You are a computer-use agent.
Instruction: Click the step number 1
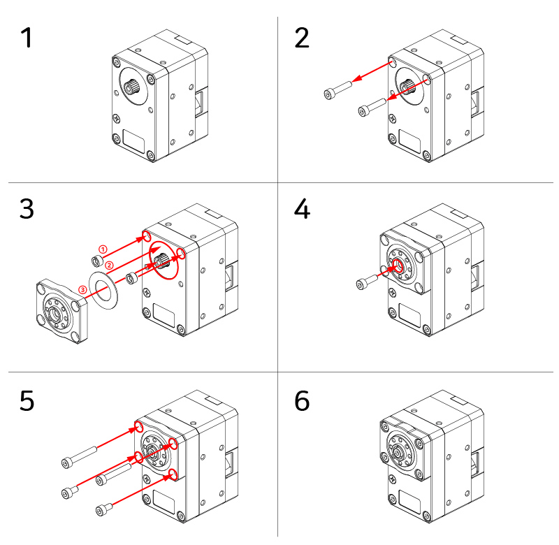point(26,38)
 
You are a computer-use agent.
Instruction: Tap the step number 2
point(301,38)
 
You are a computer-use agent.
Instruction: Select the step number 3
point(26,209)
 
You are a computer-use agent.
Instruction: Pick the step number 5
point(26,401)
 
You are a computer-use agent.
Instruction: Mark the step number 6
point(301,401)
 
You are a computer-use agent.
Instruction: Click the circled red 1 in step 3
point(102,249)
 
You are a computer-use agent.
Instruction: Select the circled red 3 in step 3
point(83,289)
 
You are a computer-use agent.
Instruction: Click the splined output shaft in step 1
point(133,87)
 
